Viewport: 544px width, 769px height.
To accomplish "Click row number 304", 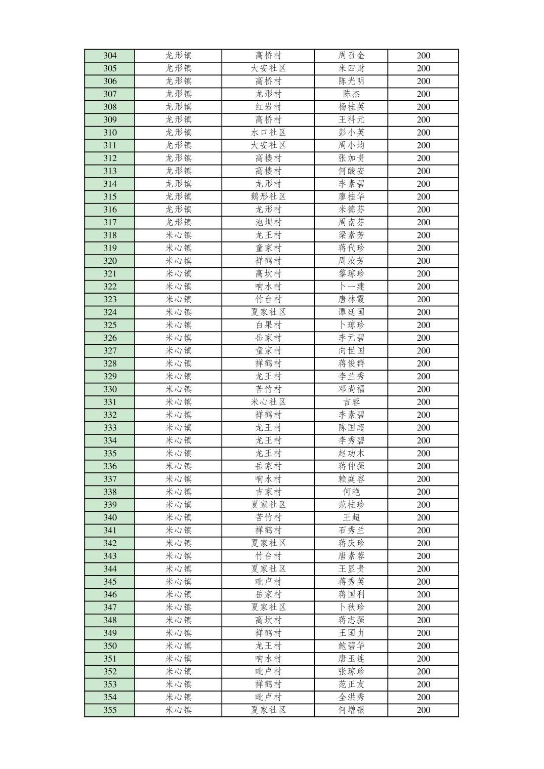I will pyautogui.click(x=110, y=56).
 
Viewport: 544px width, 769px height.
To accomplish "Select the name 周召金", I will pyautogui.click(x=351, y=56).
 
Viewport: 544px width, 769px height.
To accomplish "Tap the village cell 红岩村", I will pyautogui.click(x=268, y=107).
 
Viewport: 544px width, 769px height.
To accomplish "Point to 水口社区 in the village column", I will pyautogui.click(x=268, y=133).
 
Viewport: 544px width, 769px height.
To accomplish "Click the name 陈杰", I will pyautogui.click(x=351, y=94).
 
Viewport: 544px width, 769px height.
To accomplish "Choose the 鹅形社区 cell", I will pyautogui.click(x=268, y=197).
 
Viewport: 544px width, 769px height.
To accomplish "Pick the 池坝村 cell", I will pyautogui.click(x=268, y=222).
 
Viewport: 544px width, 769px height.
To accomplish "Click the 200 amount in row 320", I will pyautogui.click(x=424, y=261).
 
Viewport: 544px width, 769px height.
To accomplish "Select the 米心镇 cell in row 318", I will pyautogui.click(x=179, y=235).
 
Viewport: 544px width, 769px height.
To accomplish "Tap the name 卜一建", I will pyautogui.click(x=351, y=287).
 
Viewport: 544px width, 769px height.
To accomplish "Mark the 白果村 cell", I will pyautogui.click(x=268, y=325).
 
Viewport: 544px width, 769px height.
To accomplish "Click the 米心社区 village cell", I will pyautogui.click(x=268, y=402).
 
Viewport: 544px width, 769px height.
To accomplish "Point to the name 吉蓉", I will pyautogui.click(x=351, y=402).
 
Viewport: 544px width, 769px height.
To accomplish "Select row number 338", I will pyautogui.click(x=110, y=492).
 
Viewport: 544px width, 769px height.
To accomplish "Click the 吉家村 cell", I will pyautogui.click(x=268, y=492).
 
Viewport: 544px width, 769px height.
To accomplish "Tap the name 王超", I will pyautogui.click(x=351, y=517).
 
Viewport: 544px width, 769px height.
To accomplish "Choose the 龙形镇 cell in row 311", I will pyautogui.click(x=179, y=145).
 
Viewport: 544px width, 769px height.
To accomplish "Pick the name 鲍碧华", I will pyautogui.click(x=351, y=646).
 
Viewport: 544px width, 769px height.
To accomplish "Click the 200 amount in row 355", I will pyautogui.click(x=424, y=710).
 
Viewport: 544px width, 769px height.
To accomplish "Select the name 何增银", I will pyautogui.click(x=351, y=710).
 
